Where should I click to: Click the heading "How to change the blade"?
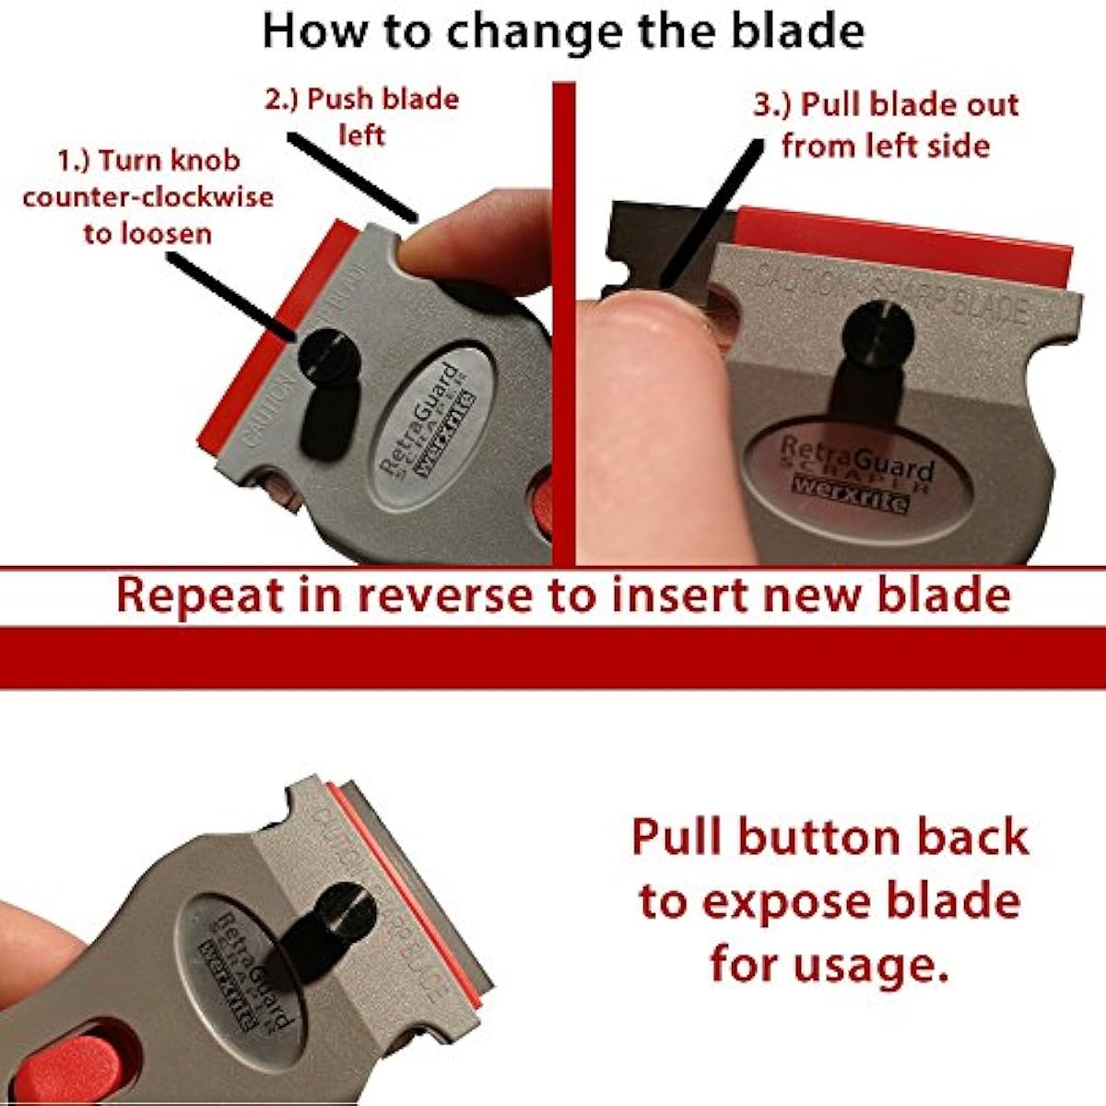click(x=563, y=30)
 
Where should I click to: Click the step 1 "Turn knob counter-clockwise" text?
click(x=147, y=196)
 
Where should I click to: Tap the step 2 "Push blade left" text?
click(x=361, y=116)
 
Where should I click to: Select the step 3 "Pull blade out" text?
click(x=886, y=124)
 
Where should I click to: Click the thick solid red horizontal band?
click(x=553, y=657)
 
